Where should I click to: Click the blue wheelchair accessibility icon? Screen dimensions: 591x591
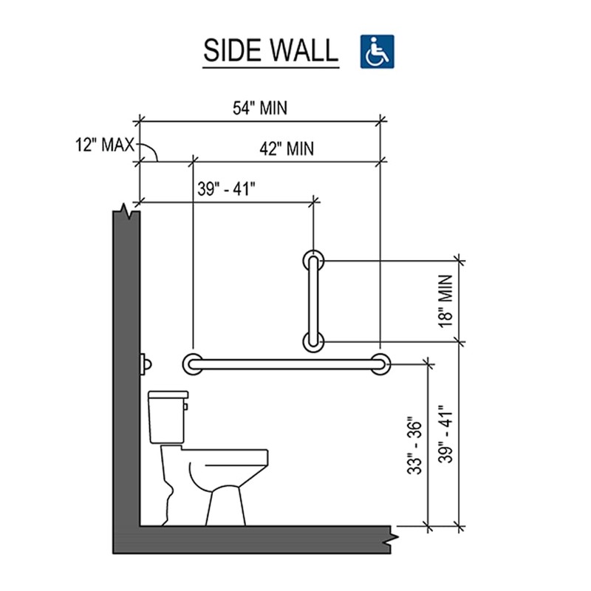pos(378,51)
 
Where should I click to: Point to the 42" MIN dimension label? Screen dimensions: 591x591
pos(287,149)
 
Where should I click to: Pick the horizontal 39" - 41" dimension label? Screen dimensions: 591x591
pos(225,188)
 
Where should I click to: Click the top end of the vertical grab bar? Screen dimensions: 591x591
pos(313,260)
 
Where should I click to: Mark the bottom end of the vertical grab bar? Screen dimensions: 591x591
pos(313,341)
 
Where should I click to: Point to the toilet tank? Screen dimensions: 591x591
pos(166,417)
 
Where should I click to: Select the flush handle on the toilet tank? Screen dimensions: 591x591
pos(186,404)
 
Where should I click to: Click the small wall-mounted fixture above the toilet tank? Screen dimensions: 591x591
pos(146,364)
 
